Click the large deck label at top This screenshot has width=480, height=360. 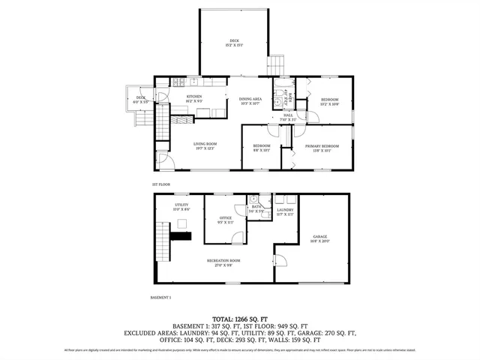click(x=232, y=42)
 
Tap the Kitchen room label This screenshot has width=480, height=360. click(x=194, y=98)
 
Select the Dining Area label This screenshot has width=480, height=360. click(x=250, y=101)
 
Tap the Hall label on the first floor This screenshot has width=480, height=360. click(x=288, y=117)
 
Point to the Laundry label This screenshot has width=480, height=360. click(x=286, y=212)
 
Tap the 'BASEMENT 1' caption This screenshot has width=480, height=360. click(x=161, y=297)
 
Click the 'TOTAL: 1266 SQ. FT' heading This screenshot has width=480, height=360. click(x=240, y=319)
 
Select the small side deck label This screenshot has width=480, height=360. click(x=141, y=99)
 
